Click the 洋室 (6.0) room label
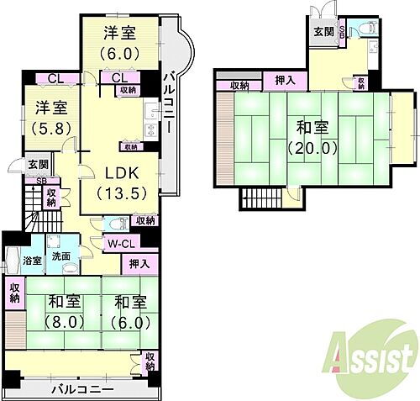(121, 41)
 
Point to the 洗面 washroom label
(61, 256)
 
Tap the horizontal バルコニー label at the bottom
(81, 388)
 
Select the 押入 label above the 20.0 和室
(285, 81)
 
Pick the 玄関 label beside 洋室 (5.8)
(37, 164)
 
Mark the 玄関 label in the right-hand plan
(323, 31)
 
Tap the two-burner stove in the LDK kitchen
(150, 129)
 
